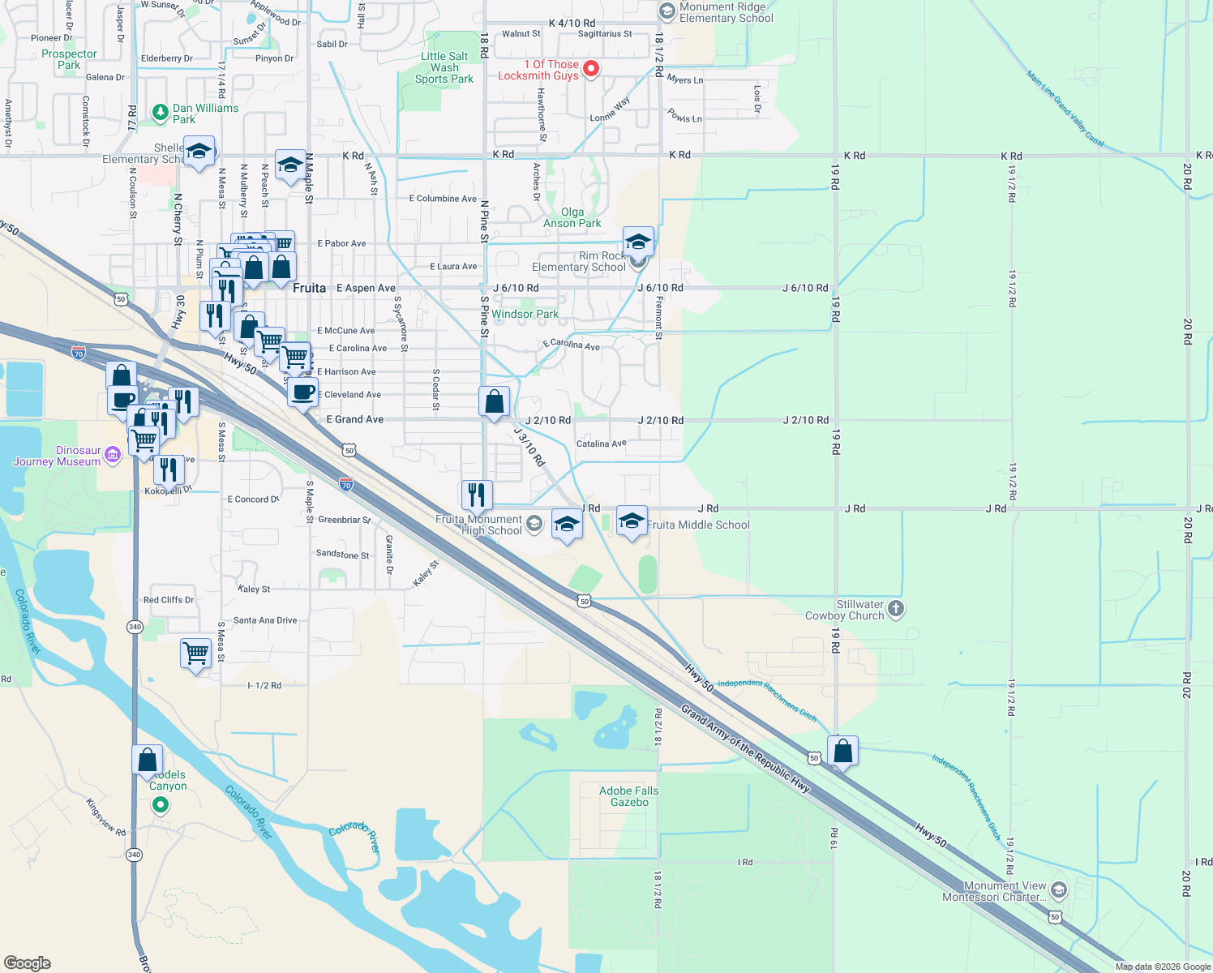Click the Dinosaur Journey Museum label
[57, 456]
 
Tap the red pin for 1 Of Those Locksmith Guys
[591, 68]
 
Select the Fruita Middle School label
[698, 525]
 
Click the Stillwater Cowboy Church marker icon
[895, 608]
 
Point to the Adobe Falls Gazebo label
[628, 796]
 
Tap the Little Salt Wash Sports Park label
[444, 68]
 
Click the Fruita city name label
[309, 288]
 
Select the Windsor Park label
[525, 314]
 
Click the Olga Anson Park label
[572, 217]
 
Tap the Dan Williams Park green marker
[160, 113]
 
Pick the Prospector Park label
[69, 59]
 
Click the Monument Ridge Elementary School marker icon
[667, 11]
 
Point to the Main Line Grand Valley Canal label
[1065, 108]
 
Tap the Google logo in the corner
[27, 962]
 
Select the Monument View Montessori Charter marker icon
[1058, 890]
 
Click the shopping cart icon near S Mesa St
[195, 653]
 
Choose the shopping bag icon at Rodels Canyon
[148, 760]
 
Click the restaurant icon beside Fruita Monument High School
[477, 494]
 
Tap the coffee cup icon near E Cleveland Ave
[302, 393]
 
